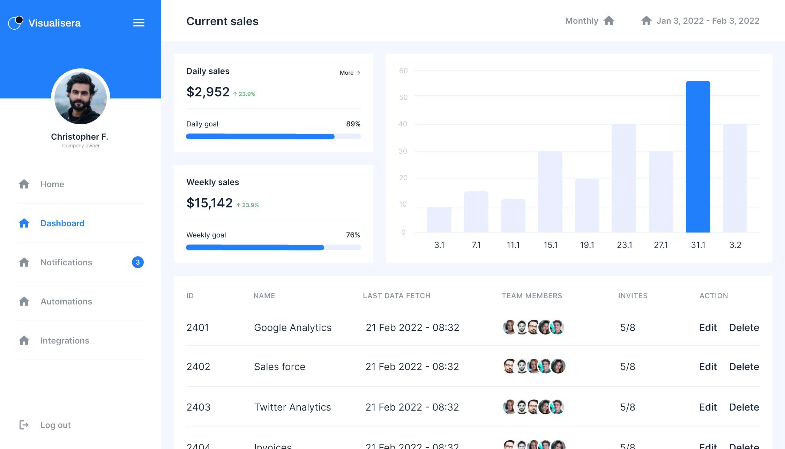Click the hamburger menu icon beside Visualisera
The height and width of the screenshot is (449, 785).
139,23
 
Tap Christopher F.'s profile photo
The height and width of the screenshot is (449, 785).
81,97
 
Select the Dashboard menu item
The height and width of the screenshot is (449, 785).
62,223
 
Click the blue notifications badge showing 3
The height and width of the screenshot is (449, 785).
138,262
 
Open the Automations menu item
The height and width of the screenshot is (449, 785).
66,301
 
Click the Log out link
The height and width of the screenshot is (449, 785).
55,425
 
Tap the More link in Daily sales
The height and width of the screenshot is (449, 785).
350,73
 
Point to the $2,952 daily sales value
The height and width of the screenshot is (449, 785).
208,92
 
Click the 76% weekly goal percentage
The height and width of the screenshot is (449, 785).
353,235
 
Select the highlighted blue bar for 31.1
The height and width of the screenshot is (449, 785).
698,157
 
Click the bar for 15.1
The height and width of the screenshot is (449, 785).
550,192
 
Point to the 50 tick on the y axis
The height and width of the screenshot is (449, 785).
403,97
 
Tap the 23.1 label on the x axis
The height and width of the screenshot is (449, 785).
624,245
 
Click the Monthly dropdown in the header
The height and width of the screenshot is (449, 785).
589,21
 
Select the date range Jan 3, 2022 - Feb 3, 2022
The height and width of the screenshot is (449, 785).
708,21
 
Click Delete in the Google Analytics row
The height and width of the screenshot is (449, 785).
744,327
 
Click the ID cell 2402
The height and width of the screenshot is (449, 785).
198,367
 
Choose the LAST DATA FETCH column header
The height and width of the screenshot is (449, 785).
396,296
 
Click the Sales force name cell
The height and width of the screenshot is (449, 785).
279,367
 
